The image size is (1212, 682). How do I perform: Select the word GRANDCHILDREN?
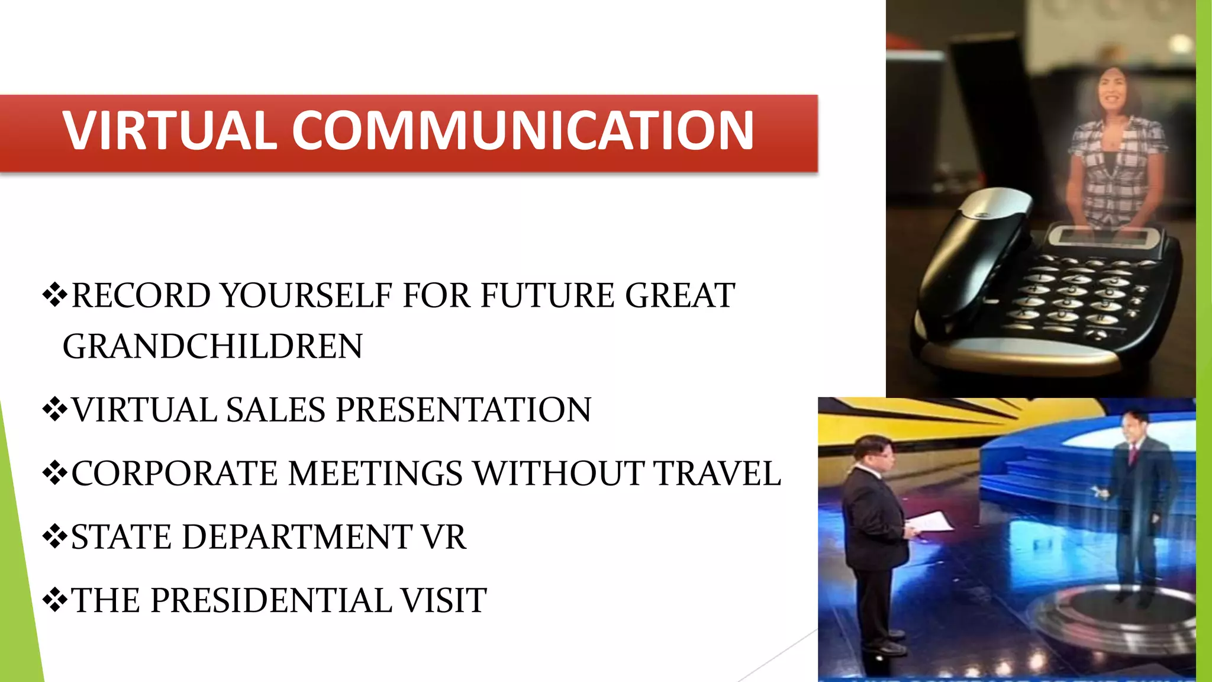[x=212, y=346]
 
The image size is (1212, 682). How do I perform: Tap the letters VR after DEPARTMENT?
[x=443, y=537]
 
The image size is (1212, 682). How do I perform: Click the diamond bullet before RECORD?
[x=55, y=295]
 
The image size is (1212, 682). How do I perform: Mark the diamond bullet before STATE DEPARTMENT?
[x=55, y=536]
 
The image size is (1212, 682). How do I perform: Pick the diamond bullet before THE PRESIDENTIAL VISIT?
[x=55, y=600]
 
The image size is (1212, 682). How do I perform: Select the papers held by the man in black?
[x=931, y=523]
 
